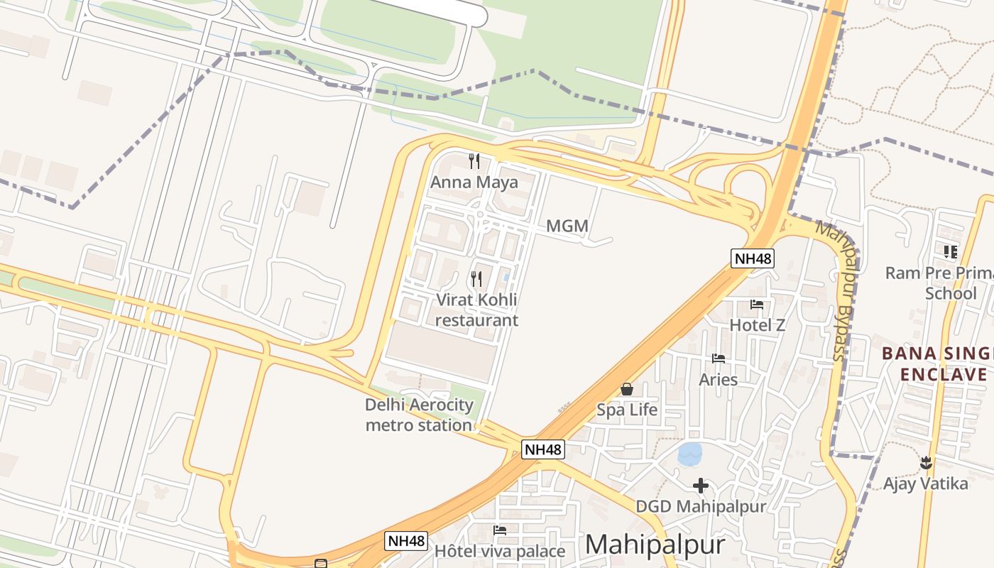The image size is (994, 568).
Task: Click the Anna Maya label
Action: click(x=474, y=182)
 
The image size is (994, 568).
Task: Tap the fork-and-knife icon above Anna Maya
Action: click(x=474, y=161)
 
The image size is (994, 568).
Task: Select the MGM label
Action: click(x=567, y=226)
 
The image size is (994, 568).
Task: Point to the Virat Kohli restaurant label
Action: click(x=476, y=310)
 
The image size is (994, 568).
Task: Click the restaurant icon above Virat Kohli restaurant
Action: click(x=476, y=278)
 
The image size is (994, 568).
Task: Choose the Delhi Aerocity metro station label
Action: click(x=419, y=415)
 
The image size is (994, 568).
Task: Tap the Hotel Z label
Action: click(x=758, y=325)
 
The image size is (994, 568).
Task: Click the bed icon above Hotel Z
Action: click(x=757, y=305)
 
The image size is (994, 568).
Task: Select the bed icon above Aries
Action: click(x=719, y=359)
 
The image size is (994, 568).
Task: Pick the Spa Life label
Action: click(x=627, y=410)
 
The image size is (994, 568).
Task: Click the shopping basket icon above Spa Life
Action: click(x=627, y=389)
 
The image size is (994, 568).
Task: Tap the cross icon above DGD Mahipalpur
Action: click(x=701, y=486)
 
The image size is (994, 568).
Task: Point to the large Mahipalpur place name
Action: click(x=655, y=545)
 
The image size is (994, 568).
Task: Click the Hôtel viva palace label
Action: click(x=500, y=552)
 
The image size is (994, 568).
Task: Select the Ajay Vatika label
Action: click(x=925, y=484)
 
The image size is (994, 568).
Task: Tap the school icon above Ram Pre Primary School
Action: click(x=951, y=251)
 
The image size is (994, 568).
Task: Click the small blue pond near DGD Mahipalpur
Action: click(x=689, y=454)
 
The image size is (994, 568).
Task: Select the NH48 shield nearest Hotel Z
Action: click(x=752, y=258)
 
